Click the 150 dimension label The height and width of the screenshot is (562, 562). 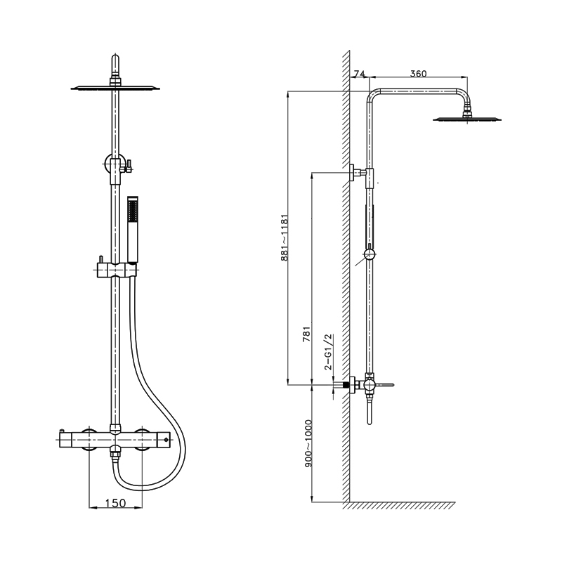pyautogui.click(x=116, y=503)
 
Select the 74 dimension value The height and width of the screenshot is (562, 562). pyautogui.click(x=359, y=74)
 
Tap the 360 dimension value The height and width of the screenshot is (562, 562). pyautogui.click(x=418, y=74)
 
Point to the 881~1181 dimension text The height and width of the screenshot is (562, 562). pyautogui.click(x=285, y=237)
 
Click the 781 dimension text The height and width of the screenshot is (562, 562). pyautogui.click(x=306, y=334)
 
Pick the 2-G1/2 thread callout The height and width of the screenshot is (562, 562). pyautogui.click(x=328, y=352)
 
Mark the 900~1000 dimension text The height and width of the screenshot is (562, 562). pyautogui.click(x=308, y=443)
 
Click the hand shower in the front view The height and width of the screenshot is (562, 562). pyautogui.click(x=133, y=230)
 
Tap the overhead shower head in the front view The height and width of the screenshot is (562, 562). pyautogui.click(x=115, y=87)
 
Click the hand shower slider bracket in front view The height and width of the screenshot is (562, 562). pyautogui.click(x=117, y=270)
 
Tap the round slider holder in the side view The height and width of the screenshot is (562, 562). pyautogui.click(x=370, y=254)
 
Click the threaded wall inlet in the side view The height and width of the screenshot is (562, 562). pyautogui.click(x=341, y=385)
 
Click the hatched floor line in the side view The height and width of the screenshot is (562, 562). pyautogui.click(x=399, y=505)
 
